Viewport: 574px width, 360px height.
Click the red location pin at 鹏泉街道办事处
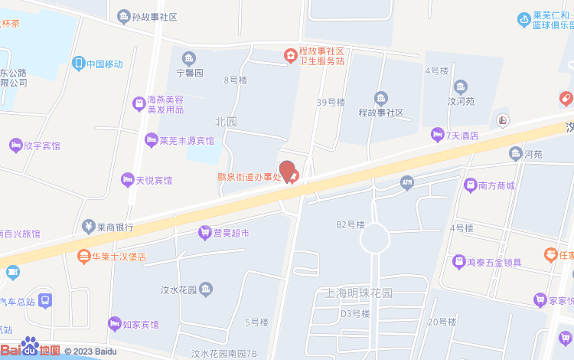click(x=287, y=171)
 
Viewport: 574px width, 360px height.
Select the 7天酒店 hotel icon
click(x=438, y=135)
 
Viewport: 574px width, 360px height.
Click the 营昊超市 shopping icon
click(x=204, y=232)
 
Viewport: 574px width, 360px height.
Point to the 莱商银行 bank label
click(x=116, y=227)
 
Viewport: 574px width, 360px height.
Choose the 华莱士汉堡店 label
click(x=119, y=257)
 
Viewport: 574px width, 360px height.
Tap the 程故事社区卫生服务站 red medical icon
click(x=291, y=55)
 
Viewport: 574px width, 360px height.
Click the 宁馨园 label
click(x=189, y=73)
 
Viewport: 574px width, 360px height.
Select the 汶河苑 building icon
click(x=461, y=86)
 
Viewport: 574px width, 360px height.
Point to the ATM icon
click(x=406, y=182)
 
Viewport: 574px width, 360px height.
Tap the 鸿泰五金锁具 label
click(x=494, y=263)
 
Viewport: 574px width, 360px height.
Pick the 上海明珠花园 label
click(x=359, y=293)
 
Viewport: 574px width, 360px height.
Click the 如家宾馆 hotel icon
click(x=115, y=324)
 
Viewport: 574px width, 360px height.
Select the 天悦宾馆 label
click(x=154, y=181)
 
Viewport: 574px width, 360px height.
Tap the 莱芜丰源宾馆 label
click(x=187, y=141)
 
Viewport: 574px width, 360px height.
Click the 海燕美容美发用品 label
click(x=165, y=105)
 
